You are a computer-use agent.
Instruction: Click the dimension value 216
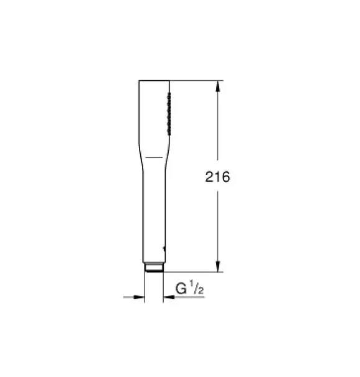pos(217,177)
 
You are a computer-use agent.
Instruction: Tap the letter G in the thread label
pos(181,289)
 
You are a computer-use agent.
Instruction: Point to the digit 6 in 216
pos(225,177)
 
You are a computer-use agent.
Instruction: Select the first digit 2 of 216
pos(210,177)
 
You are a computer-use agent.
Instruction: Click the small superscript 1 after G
pos(192,284)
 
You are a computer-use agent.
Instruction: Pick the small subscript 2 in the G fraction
pos(201,291)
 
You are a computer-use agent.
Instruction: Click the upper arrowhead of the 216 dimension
pos(218,86)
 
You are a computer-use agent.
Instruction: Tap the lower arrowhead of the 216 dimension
pos(218,266)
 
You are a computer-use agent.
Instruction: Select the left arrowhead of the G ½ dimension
pos(139,297)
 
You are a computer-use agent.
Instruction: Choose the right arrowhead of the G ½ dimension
pos(169,297)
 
